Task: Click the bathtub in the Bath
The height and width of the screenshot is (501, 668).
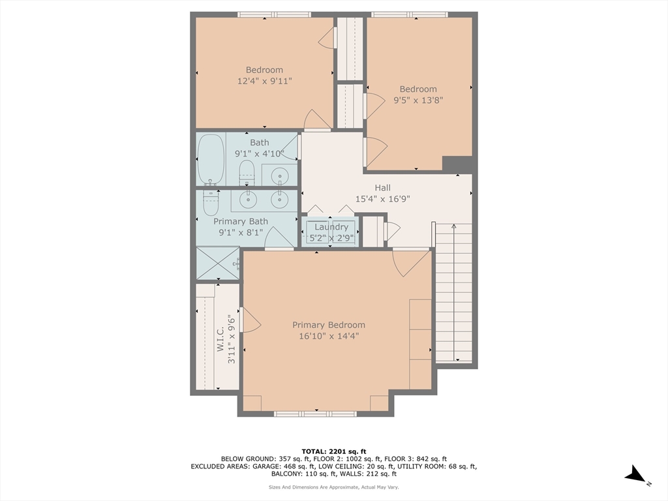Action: (211, 159)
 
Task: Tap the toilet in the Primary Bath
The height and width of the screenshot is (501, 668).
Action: (210, 202)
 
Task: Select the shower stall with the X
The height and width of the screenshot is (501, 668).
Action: (218, 263)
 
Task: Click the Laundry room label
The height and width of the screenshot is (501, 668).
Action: (331, 227)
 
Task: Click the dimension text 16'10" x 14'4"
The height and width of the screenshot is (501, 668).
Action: (329, 336)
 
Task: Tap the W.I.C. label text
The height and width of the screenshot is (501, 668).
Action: (221, 339)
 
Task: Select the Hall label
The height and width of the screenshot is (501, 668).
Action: (382, 188)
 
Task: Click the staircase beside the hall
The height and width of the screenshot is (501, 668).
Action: (453, 294)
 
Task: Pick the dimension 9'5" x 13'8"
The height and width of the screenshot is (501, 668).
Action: (418, 100)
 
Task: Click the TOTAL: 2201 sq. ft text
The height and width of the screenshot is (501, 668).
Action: (334, 451)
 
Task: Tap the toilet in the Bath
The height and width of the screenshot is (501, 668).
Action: (247, 174)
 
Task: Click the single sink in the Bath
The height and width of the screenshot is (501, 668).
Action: (280, 175)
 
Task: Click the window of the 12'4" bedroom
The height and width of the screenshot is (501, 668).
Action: (265, 14)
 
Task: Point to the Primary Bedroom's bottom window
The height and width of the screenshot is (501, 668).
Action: (315, 414)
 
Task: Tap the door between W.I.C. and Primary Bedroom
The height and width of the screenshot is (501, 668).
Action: (249, 320)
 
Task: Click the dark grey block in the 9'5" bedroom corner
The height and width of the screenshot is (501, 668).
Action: (457, 164)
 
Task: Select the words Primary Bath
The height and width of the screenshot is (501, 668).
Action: (241, 222)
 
